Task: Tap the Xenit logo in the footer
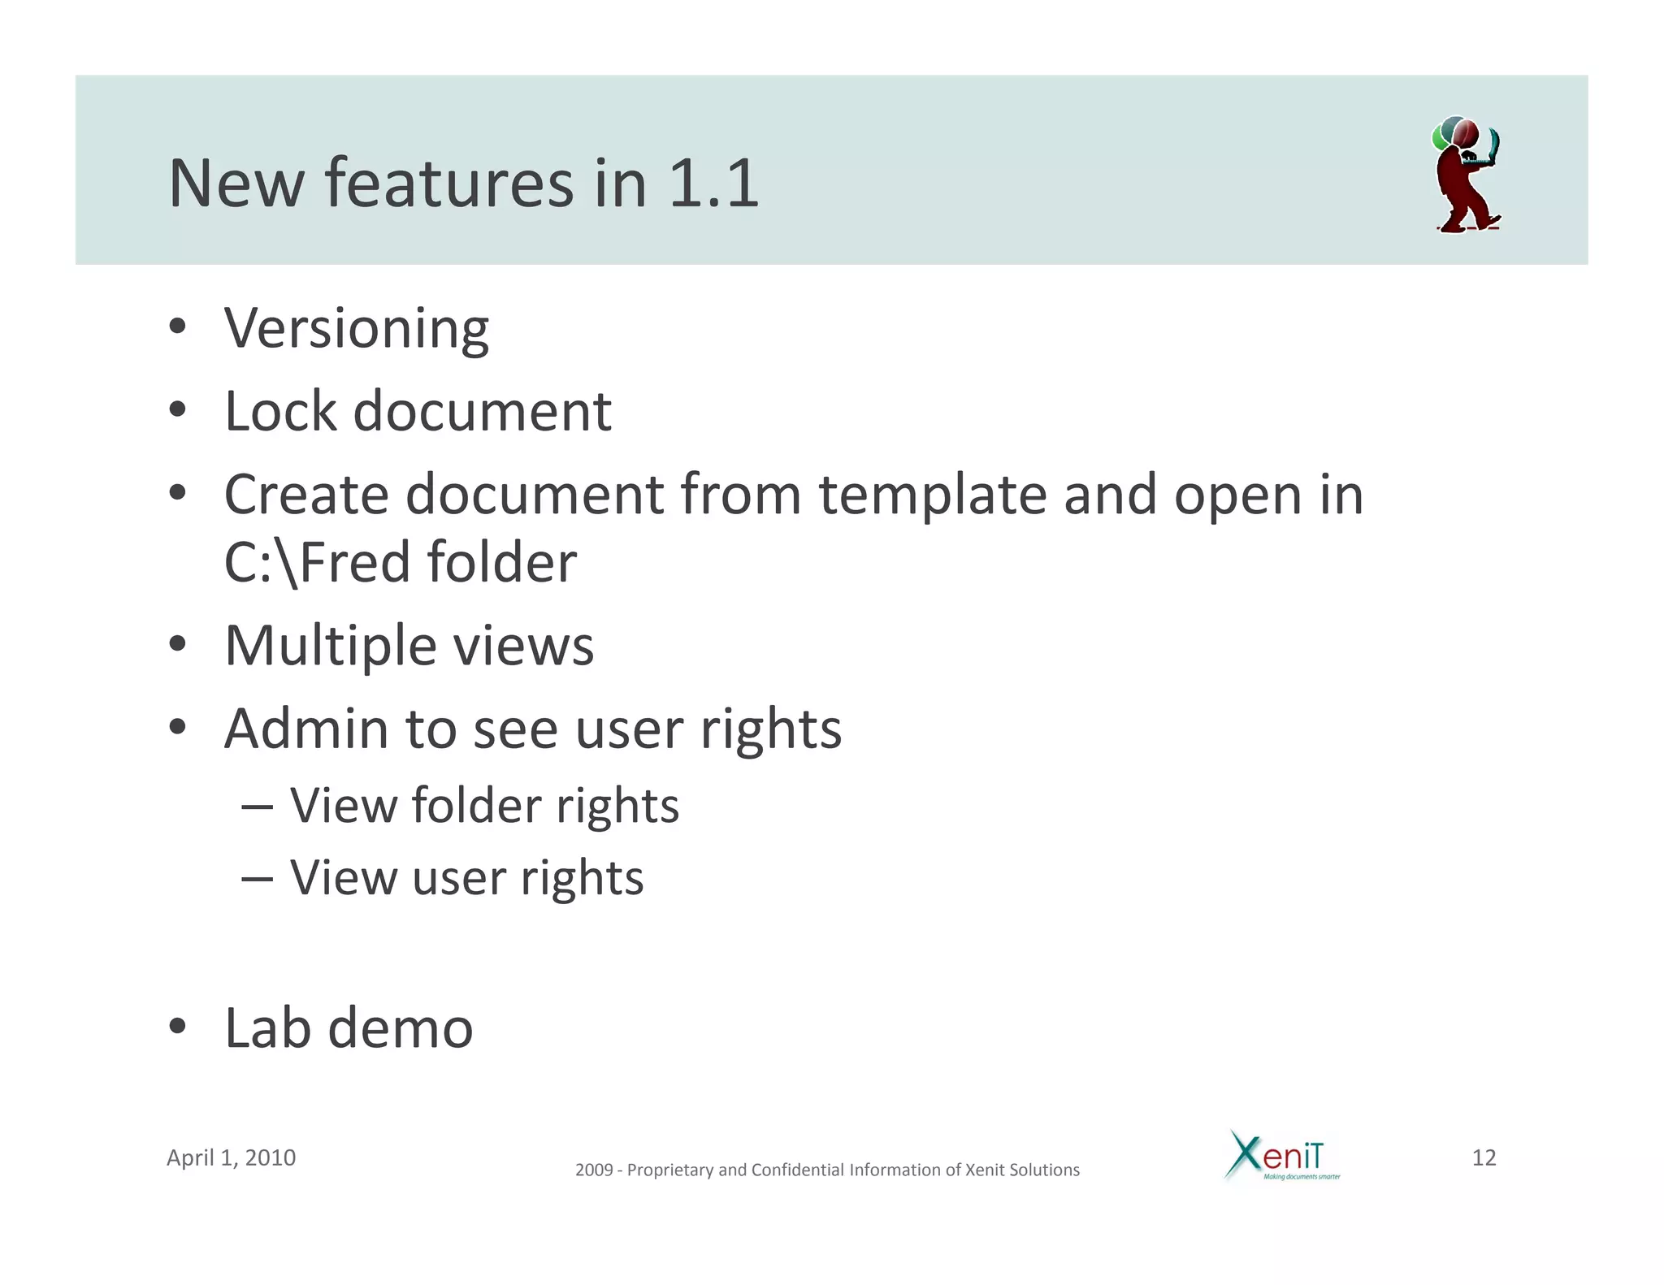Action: (x=1281, y=1156)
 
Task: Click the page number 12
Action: (x=1484, y=1157)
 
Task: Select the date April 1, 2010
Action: (x=231, y=1157)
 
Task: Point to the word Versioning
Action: (x=357, y=329)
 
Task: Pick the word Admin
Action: (x=306, y=729)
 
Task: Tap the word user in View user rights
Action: (x=458, y=878)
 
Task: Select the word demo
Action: (x=400, y=1028)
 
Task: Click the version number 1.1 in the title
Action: (x=713, y=184)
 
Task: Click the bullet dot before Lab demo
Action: (x=177, y=1026)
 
